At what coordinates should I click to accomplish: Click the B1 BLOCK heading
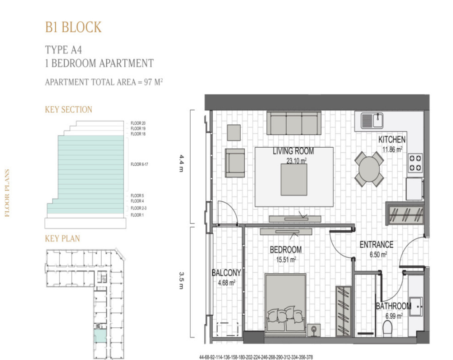(73, 27)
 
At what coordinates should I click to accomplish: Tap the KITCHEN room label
(392, 140)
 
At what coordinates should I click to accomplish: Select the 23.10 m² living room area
(296, 161)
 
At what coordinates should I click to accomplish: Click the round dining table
(369, 169)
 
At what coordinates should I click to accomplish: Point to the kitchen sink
(372, 120)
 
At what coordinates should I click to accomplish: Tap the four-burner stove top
(415, 163)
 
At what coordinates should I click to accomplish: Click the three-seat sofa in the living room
(294, 123)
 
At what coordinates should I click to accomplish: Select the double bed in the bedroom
(285, 305)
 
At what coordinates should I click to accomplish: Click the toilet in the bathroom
(388, 329)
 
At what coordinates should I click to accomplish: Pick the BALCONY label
(226, 273)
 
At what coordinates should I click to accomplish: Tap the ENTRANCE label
(376, 245)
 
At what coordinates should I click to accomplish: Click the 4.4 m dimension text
(181, 163)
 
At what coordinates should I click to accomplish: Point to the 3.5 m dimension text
(181, 280)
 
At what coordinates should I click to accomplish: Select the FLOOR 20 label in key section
(138, 123)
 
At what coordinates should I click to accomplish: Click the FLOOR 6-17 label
(139, 164)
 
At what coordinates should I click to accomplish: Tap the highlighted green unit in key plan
(100, 336)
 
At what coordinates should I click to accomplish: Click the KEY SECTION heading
(69, 110)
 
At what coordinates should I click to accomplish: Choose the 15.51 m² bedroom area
(286, 260)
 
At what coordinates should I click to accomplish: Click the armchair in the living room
(235, 163)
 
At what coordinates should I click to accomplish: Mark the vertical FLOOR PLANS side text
(7, 193)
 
